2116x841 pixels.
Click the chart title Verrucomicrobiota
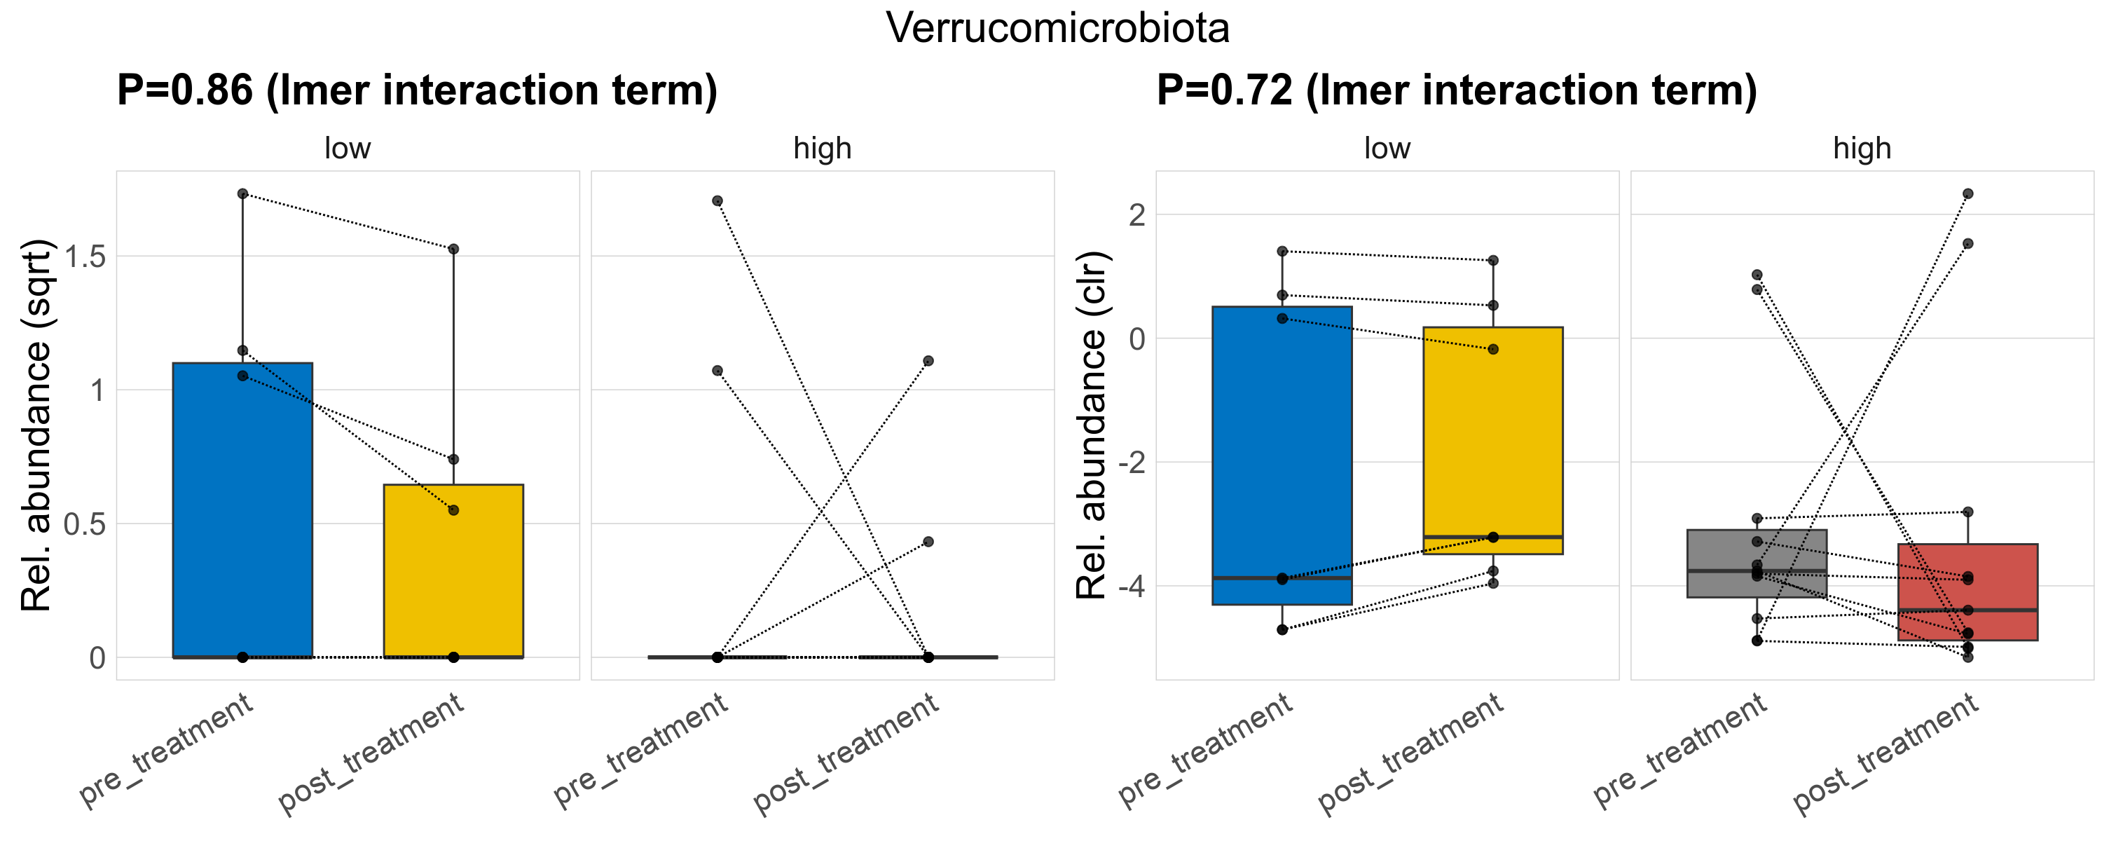coord(1057,28)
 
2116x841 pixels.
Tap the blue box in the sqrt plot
coord(242,510)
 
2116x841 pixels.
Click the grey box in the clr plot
coord(1757,563)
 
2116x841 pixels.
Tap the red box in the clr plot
coord(1967,592)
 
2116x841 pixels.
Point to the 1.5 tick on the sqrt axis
coord(85,257)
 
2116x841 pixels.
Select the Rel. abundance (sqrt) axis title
coord(36,425)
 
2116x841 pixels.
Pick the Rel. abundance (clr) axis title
coord(1092,425)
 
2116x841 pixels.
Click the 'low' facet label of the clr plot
coord(1387,149)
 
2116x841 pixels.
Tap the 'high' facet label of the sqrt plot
coord(823,149)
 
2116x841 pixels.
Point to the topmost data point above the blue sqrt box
coord(242,194)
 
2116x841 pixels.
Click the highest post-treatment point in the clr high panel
coord(1967,194)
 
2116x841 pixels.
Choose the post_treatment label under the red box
coord(1885,754)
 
